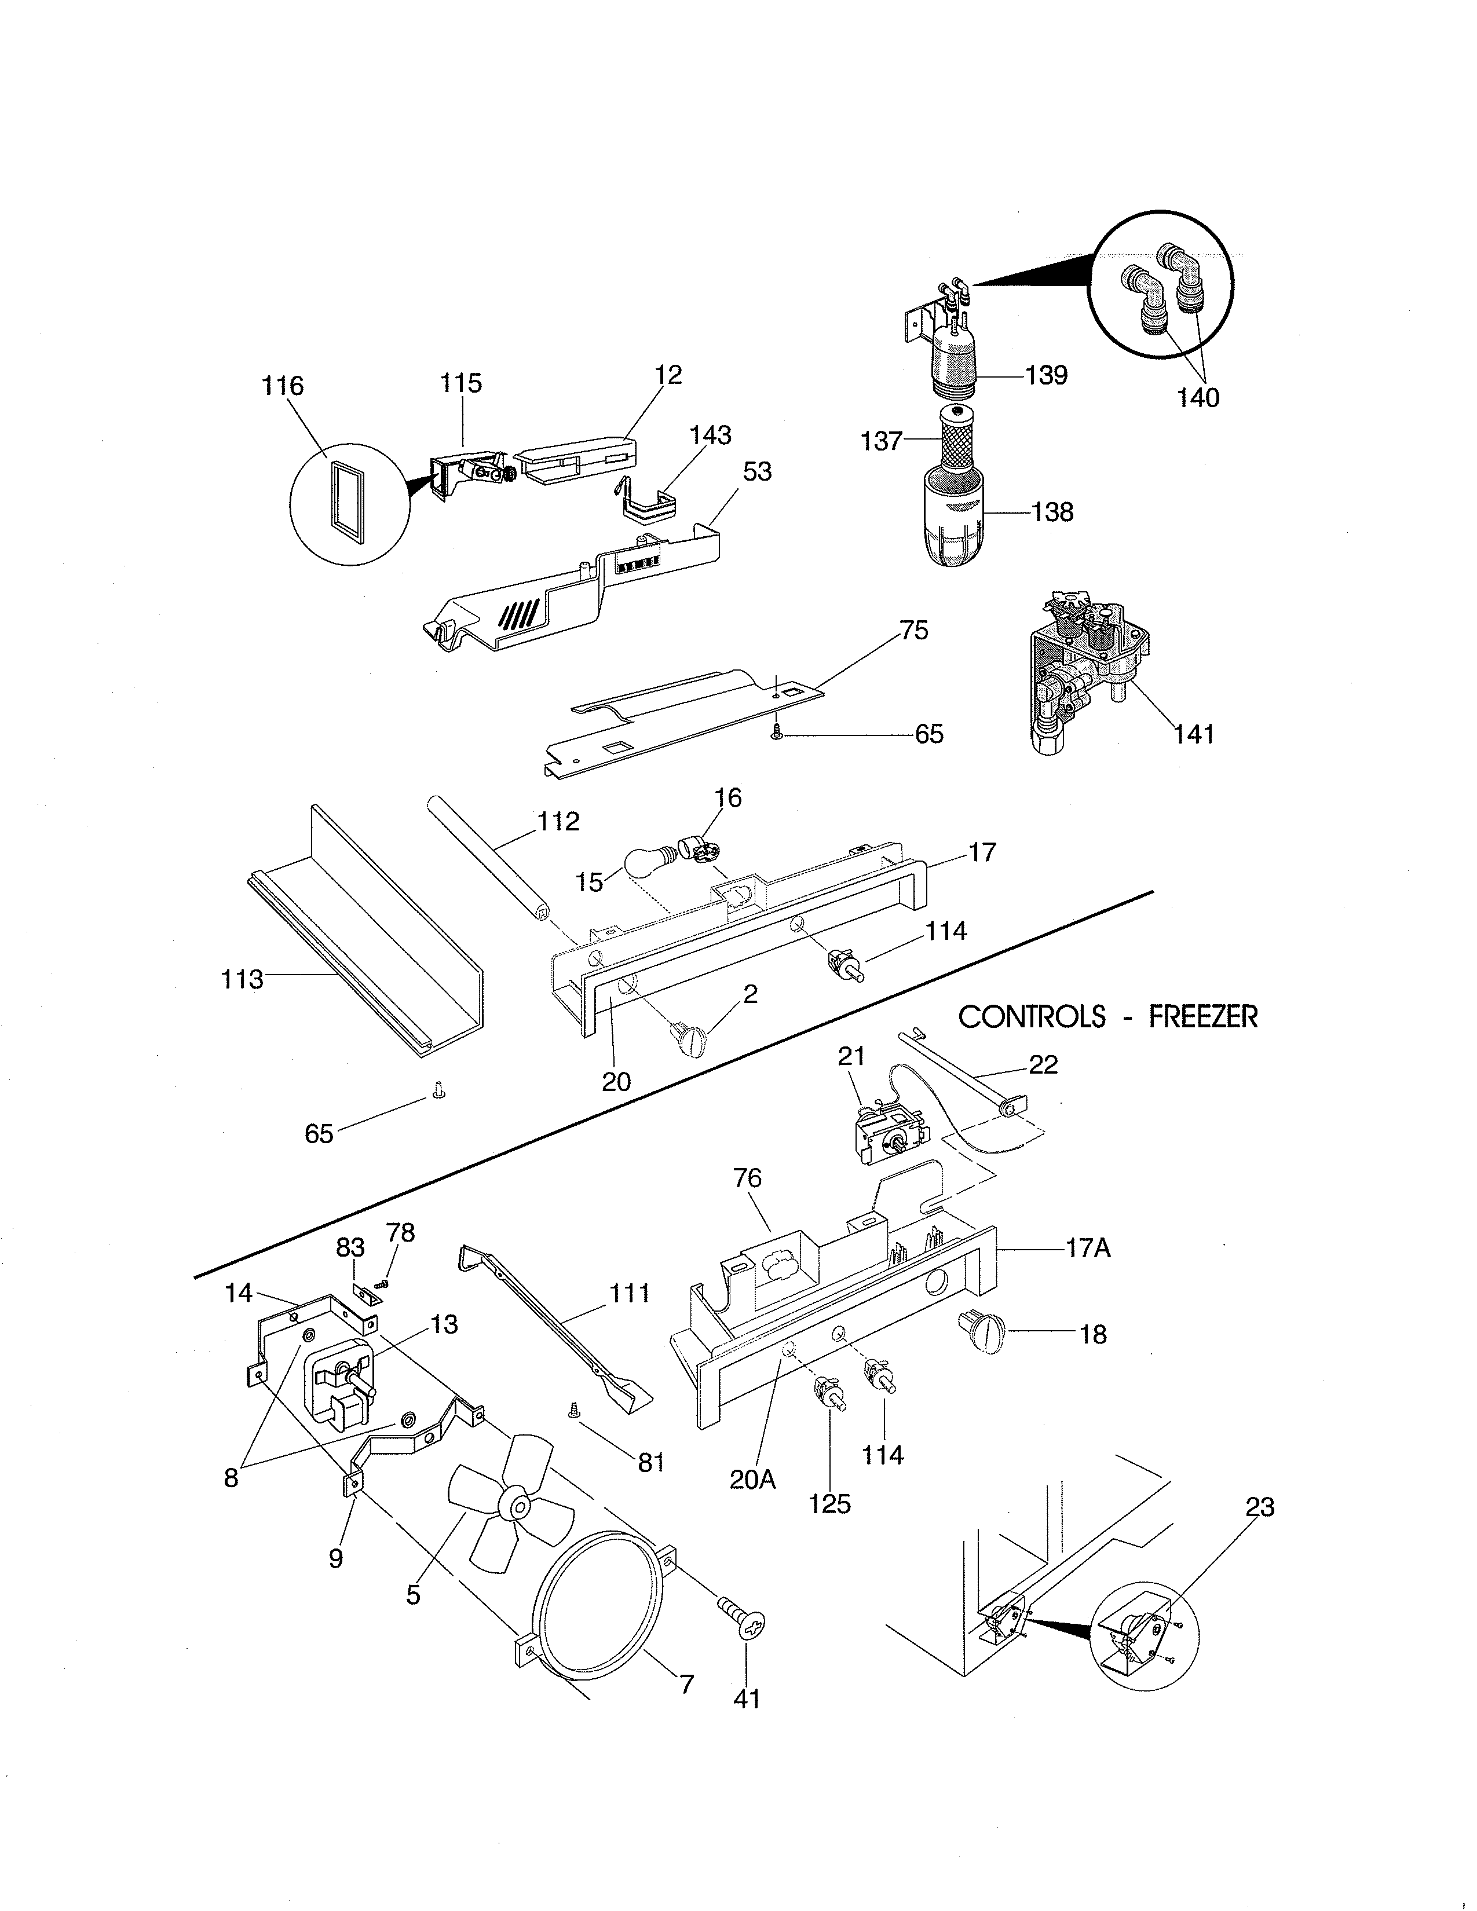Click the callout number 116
tap(283, 386)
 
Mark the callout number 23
tap(1260, 1507)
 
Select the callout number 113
tap(242, 979)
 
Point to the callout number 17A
tap(1088, 1249)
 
